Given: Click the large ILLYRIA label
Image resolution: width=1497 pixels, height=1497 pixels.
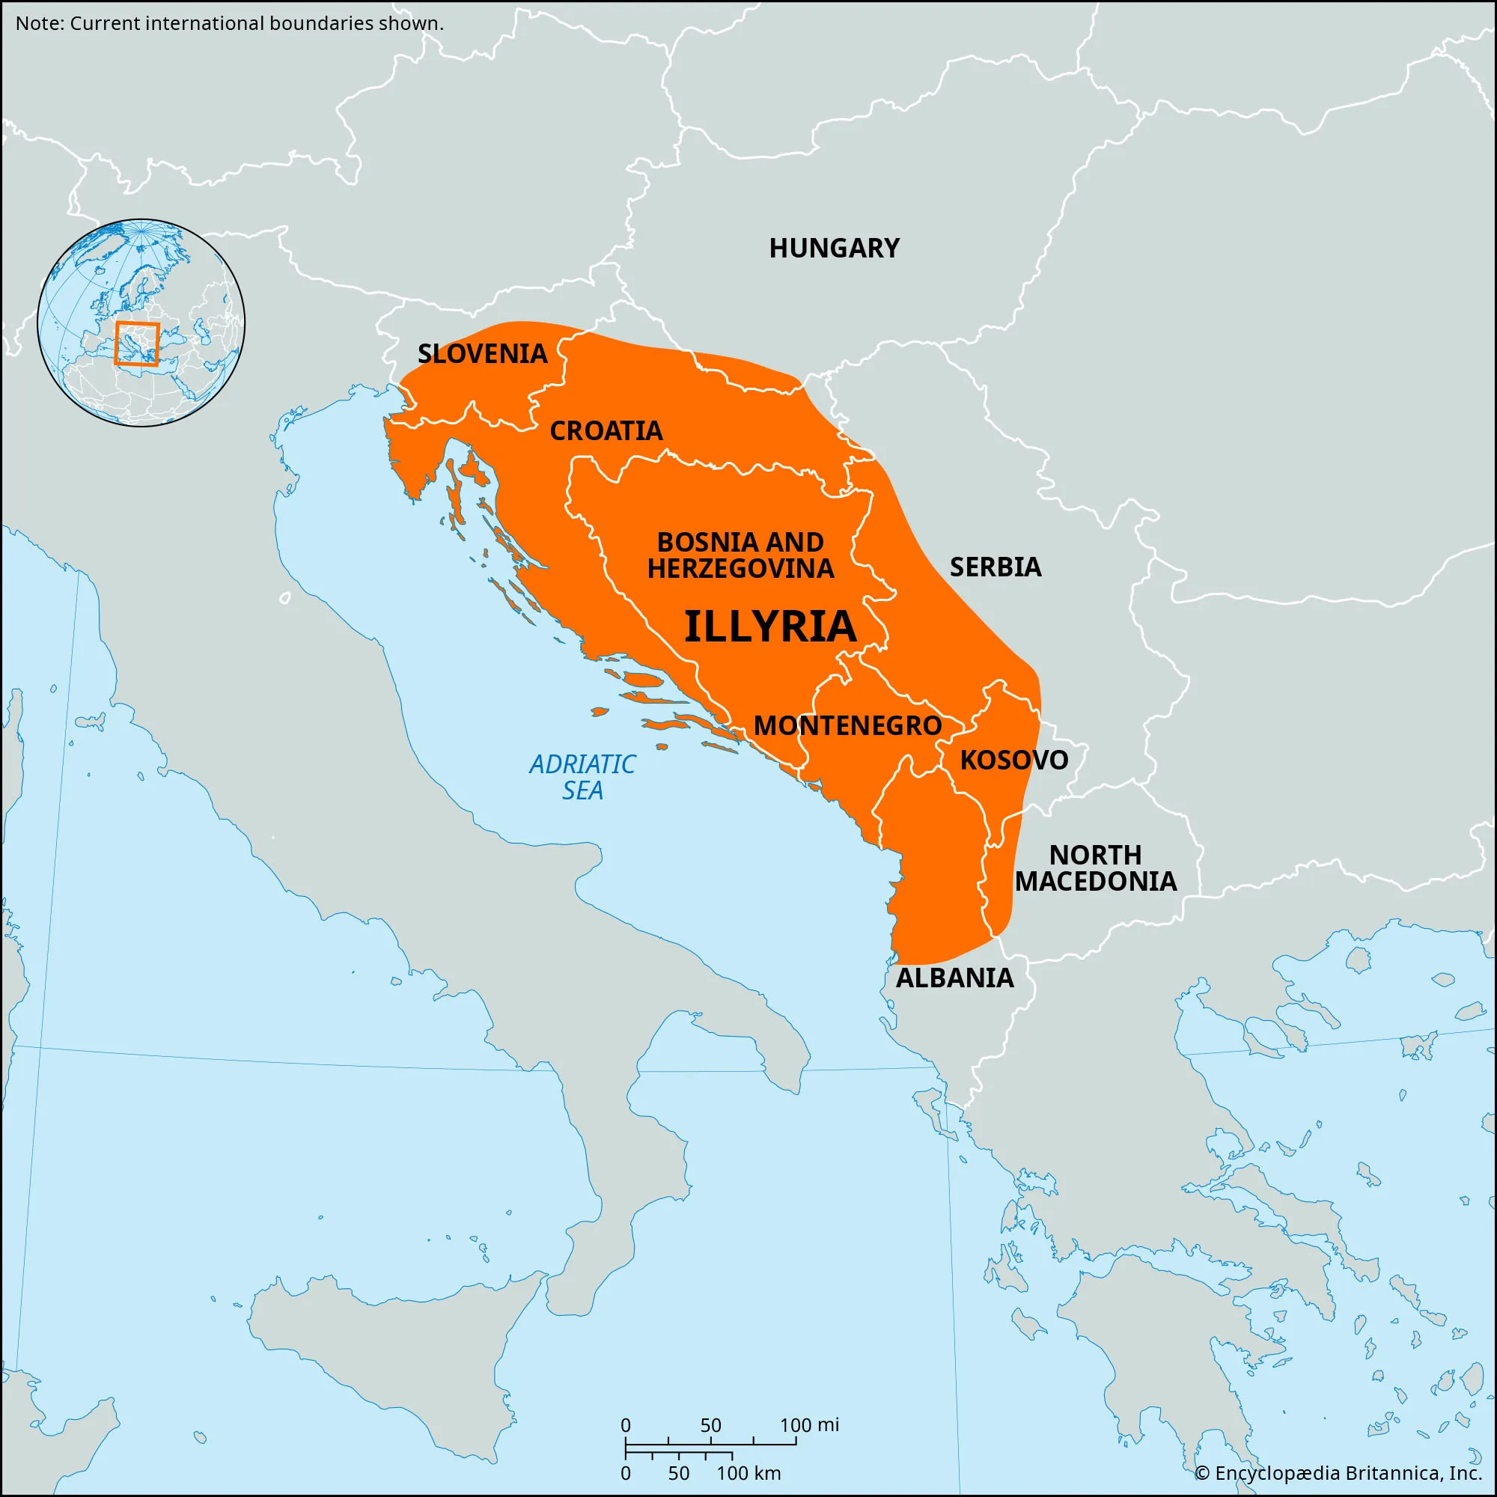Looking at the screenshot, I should [x=770, y=626].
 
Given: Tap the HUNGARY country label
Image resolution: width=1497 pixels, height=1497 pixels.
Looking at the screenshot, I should [x=834, y=248].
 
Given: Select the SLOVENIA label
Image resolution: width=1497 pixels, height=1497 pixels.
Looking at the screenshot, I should [x=482, y=354].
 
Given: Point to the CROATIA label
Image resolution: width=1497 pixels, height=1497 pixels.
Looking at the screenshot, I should [x=606, y=431].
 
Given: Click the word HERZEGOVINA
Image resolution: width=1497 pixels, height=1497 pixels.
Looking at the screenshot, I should [x=741, y=569].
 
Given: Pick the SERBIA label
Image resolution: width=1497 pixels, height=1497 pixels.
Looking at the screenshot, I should [x=995, y=567].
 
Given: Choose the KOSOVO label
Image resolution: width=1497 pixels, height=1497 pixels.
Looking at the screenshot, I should [x=1013, y=760].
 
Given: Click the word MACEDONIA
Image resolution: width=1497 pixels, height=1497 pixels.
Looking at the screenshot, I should [x=1095, y=881].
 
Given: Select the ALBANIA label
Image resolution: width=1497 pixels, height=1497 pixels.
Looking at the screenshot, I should [x=954, y=978].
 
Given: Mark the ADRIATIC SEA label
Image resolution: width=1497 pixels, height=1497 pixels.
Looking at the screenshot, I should [x=582, y=777].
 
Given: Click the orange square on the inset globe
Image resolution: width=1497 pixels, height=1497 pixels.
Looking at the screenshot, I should [x=137, y=344].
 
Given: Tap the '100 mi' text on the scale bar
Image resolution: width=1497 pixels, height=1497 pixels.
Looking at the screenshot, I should [x=809, y=1425].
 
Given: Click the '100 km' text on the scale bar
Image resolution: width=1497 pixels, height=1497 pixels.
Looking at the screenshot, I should [x=748, y=1473].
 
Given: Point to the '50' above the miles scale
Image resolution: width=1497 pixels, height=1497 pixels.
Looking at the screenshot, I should [x=710, y=1425].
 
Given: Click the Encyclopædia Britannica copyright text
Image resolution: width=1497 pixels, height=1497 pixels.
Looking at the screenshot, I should [x=1338, y=1472].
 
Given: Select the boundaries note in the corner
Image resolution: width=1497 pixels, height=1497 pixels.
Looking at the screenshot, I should [x=229, y=23].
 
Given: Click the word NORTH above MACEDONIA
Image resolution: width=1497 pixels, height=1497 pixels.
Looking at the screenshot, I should [x=1095, y=855].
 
